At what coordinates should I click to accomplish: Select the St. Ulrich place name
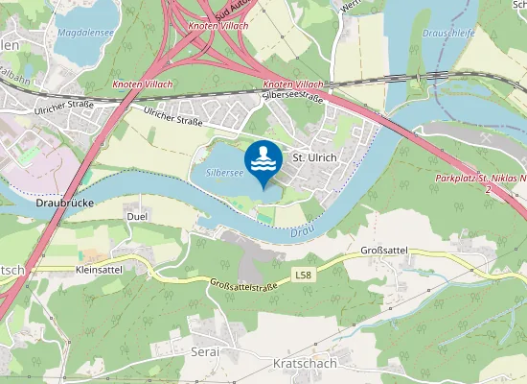coord(314,156)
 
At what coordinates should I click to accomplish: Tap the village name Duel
coord(136,217)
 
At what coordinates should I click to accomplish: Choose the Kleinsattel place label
coord(98,271)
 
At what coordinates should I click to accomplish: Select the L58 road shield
coord(304,276)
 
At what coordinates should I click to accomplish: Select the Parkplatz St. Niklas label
coord(479,179)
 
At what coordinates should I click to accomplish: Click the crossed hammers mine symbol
coord(486,137)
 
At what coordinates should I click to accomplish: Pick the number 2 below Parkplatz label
coord(488,190)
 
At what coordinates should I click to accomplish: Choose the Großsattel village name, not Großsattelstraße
coord(384,250)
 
